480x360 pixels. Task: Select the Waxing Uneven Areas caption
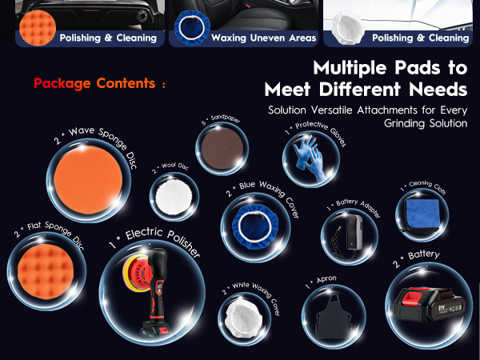(264, 38)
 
